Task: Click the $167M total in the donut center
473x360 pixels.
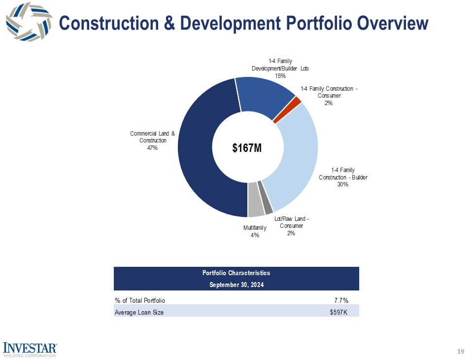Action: (x=247, y=147)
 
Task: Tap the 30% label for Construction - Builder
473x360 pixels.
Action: (x=343, y=184)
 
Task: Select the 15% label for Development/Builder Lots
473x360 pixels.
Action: (x=280, y=76)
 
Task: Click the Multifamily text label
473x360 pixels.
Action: (x=255, y=228)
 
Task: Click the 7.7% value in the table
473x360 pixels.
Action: (x=341, y=300)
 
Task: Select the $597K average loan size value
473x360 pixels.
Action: (x=338, y=313)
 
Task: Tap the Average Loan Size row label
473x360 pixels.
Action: (x=139, y=313)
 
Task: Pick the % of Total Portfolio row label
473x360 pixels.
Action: (x=140, y=300)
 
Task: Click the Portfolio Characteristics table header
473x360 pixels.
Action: (x=236, y=273)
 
